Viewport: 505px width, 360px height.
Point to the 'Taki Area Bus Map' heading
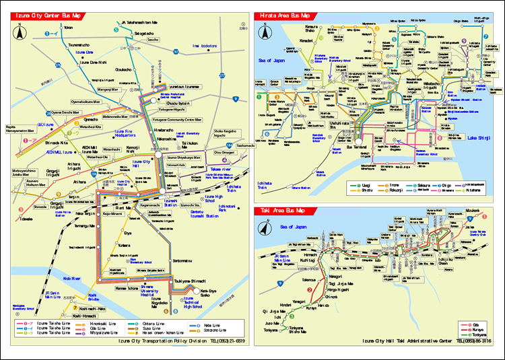281,211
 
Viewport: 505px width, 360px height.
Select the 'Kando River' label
71,277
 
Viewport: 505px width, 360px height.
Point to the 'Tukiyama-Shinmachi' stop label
191,281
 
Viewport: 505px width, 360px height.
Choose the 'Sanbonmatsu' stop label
183,260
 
